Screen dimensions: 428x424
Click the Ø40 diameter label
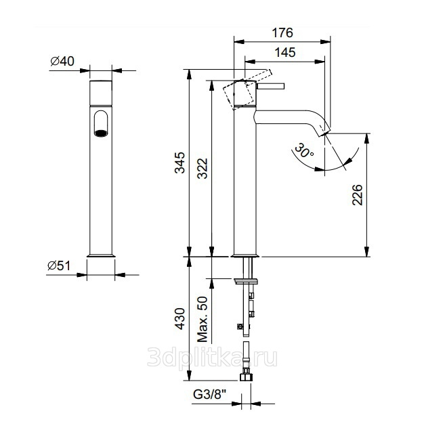62,62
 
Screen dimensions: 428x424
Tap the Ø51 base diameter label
61,265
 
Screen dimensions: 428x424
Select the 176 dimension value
284,33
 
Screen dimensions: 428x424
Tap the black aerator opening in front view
100,133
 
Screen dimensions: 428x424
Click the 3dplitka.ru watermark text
212,357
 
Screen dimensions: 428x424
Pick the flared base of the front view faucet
102,255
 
